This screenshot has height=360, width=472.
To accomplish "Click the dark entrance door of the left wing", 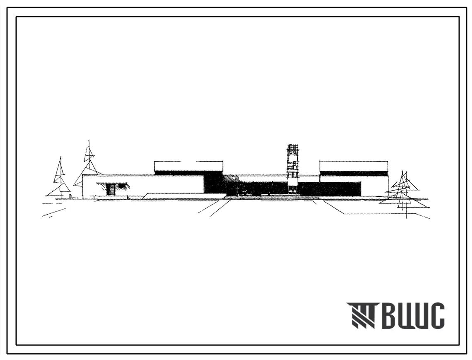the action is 111,190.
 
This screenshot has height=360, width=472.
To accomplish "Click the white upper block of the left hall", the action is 189,166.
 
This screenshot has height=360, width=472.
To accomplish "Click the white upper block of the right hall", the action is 354,166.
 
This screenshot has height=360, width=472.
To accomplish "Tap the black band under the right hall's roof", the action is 354,173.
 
